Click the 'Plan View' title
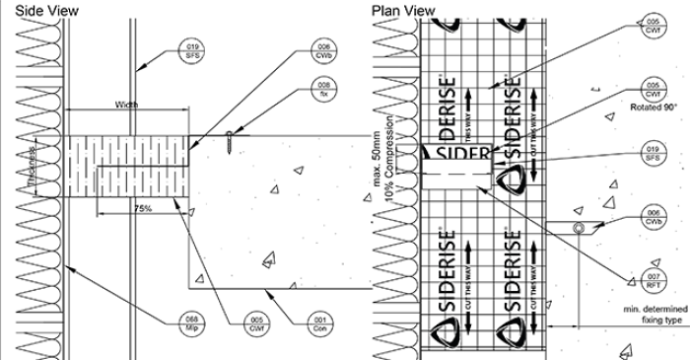point(402,10)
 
